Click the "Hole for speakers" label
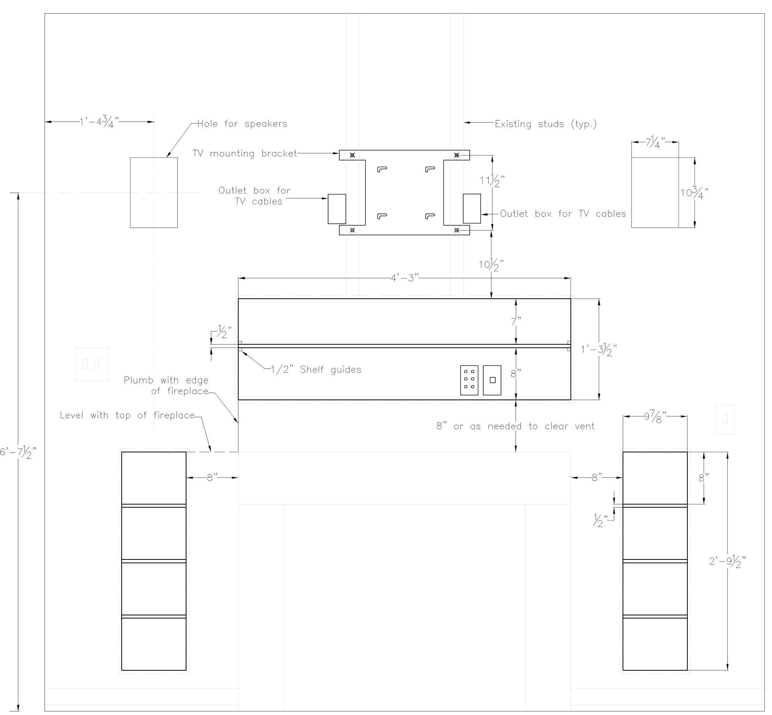click(x=242, y=124)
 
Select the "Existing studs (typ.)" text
click(x=546, y=124)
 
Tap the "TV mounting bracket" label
click(x=245, y=154)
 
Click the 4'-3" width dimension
click(x=405, y=278)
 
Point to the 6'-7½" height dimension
click(x=18, y=451)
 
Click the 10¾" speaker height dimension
click(x=694, y=192)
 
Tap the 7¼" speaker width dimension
click(x=655, y=142)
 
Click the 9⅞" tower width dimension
click(x=655, y=417)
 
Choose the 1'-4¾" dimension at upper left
click(x=99, y=122)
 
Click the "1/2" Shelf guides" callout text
click(x=316, y=370)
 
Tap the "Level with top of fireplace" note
click(x=127, y=415)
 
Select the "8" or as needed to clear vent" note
click(x=515, y=426)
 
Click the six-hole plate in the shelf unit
click(x=469, y=380)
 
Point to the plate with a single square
click(x=492, y=380)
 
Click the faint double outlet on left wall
click(x=92, y=364)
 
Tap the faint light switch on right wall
click(x=725, y=419)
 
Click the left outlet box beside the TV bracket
click(x=337, y=208)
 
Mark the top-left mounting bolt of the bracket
click(x=352, y=155)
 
